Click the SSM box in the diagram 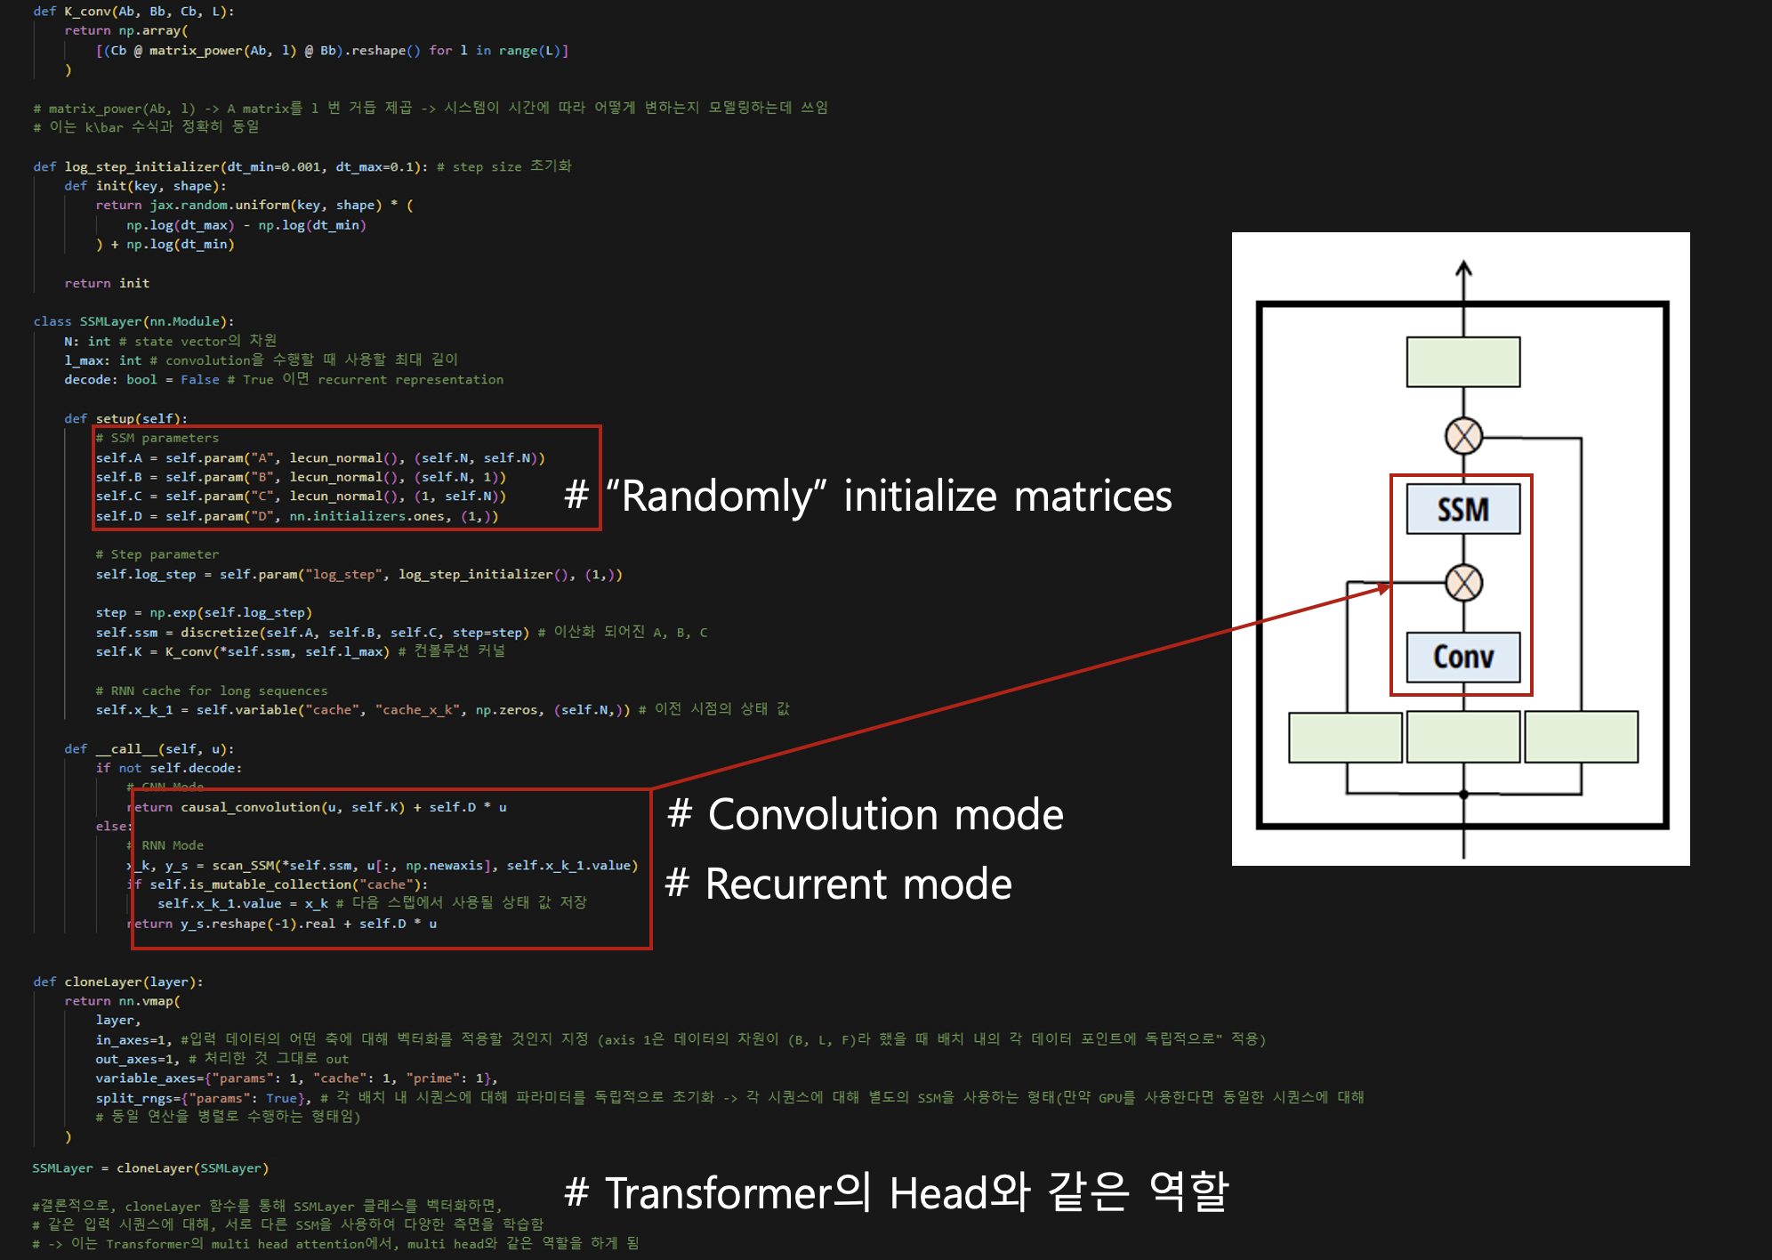click(x=1462, y=509)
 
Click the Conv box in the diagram click(x=1462, y=657)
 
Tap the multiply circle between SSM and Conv click(x=1463, y=583)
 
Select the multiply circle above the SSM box click(x=1463, y=436)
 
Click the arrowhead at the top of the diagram click(x=1463, y=267)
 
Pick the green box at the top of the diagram click(x=1462, y=361)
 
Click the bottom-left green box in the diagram click(x=1345, y=737)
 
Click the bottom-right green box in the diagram click(x=1581, y=737)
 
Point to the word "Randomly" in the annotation click(x=716, y=497)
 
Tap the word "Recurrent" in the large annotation click(x=796, y=884)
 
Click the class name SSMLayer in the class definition click(x=110, y=321)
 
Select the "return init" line click(x=107, y=283)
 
